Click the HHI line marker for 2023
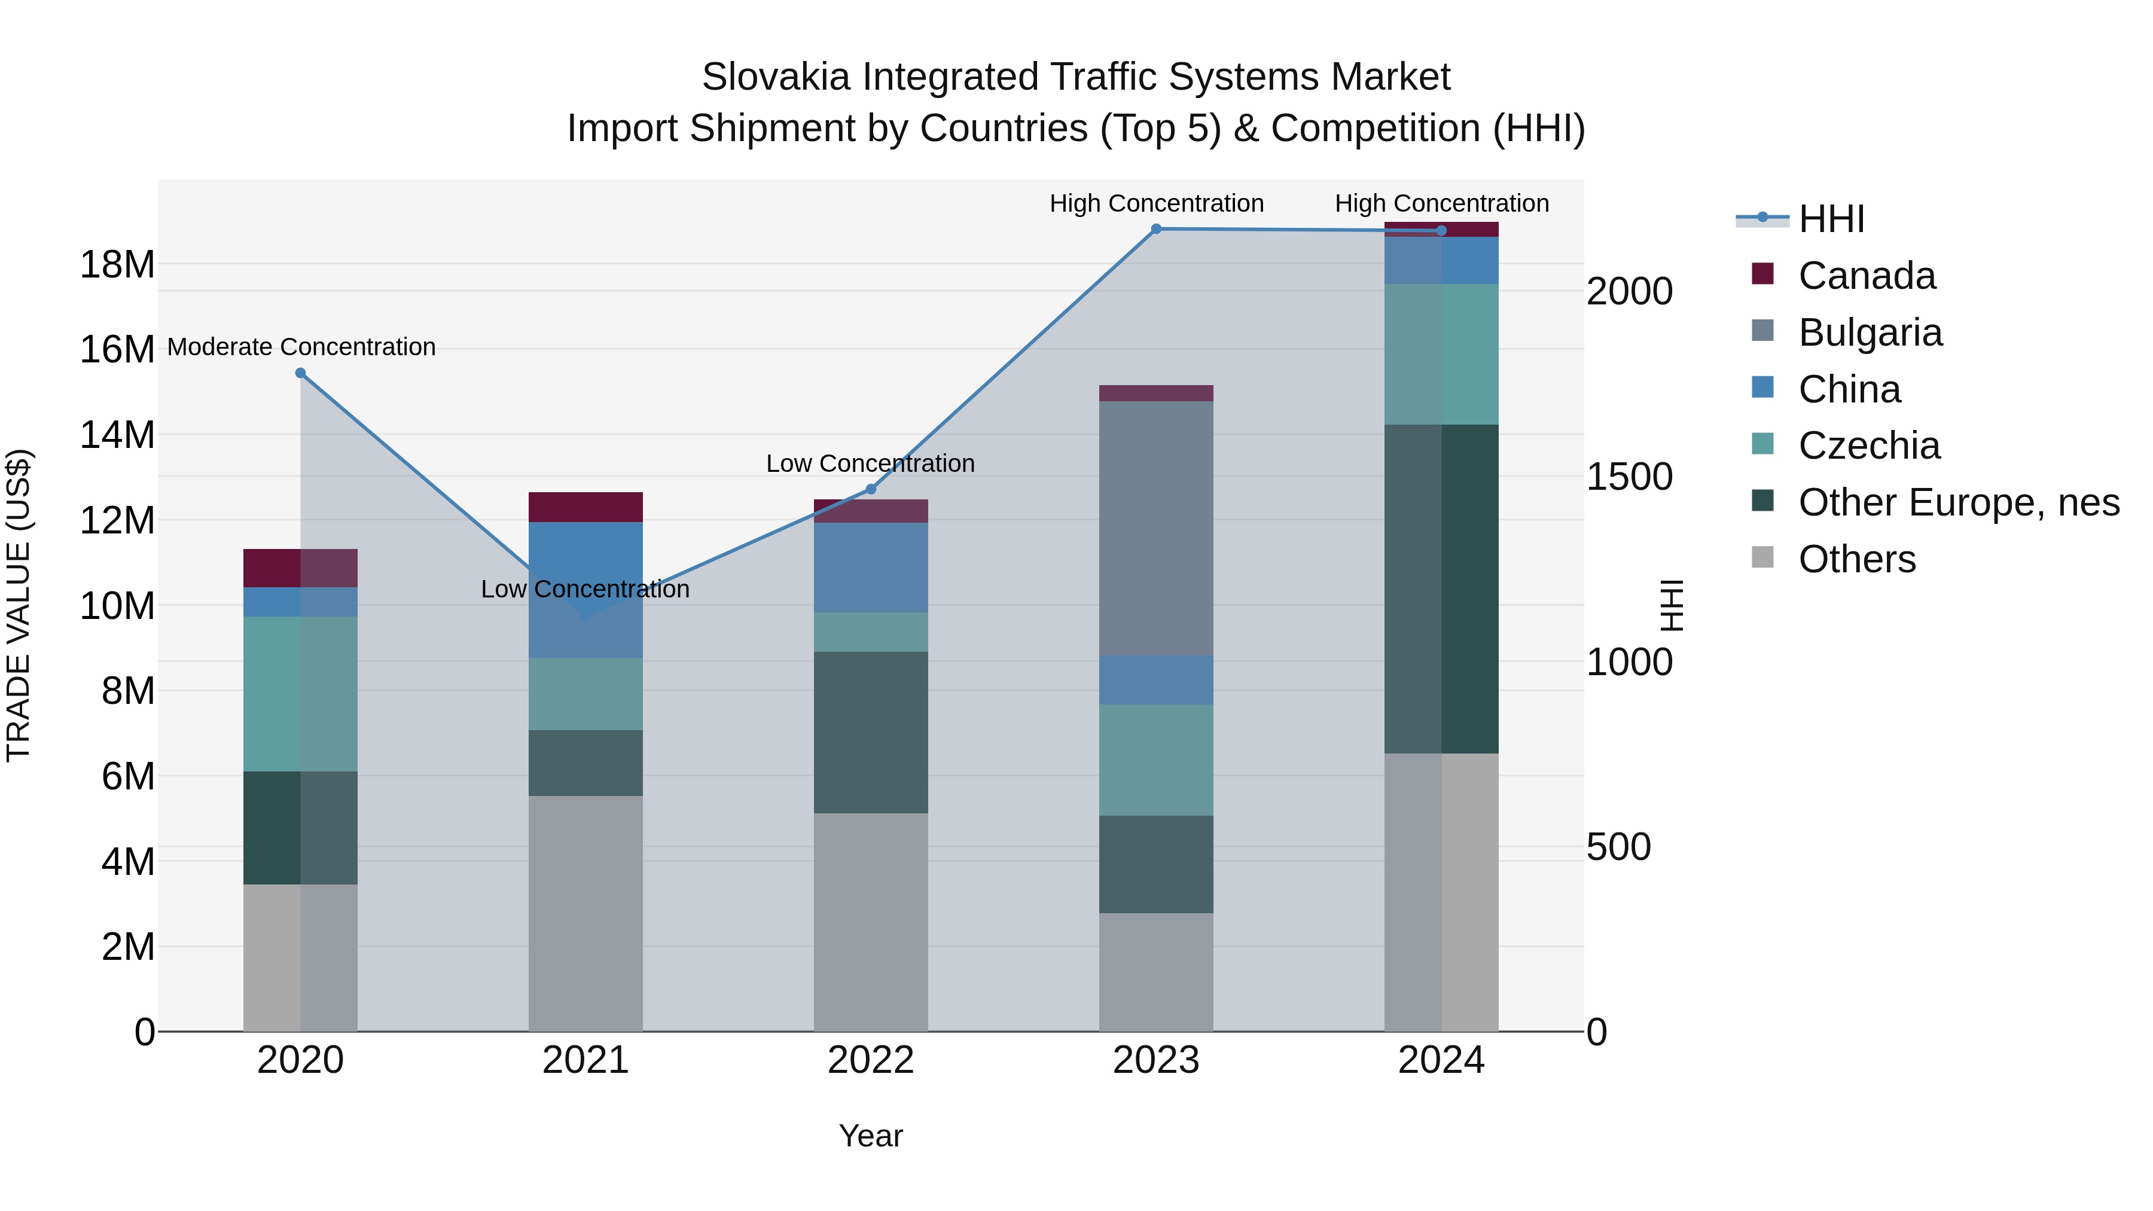1156,229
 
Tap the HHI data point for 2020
301,374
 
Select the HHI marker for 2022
871,489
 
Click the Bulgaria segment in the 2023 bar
1156,528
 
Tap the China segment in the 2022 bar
871,568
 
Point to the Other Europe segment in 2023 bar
1156,864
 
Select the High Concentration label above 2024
1442,203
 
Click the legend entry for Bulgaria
1870,333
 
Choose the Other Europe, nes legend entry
1958,502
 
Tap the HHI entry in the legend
1831,219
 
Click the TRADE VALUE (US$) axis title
19,605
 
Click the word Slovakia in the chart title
777,77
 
